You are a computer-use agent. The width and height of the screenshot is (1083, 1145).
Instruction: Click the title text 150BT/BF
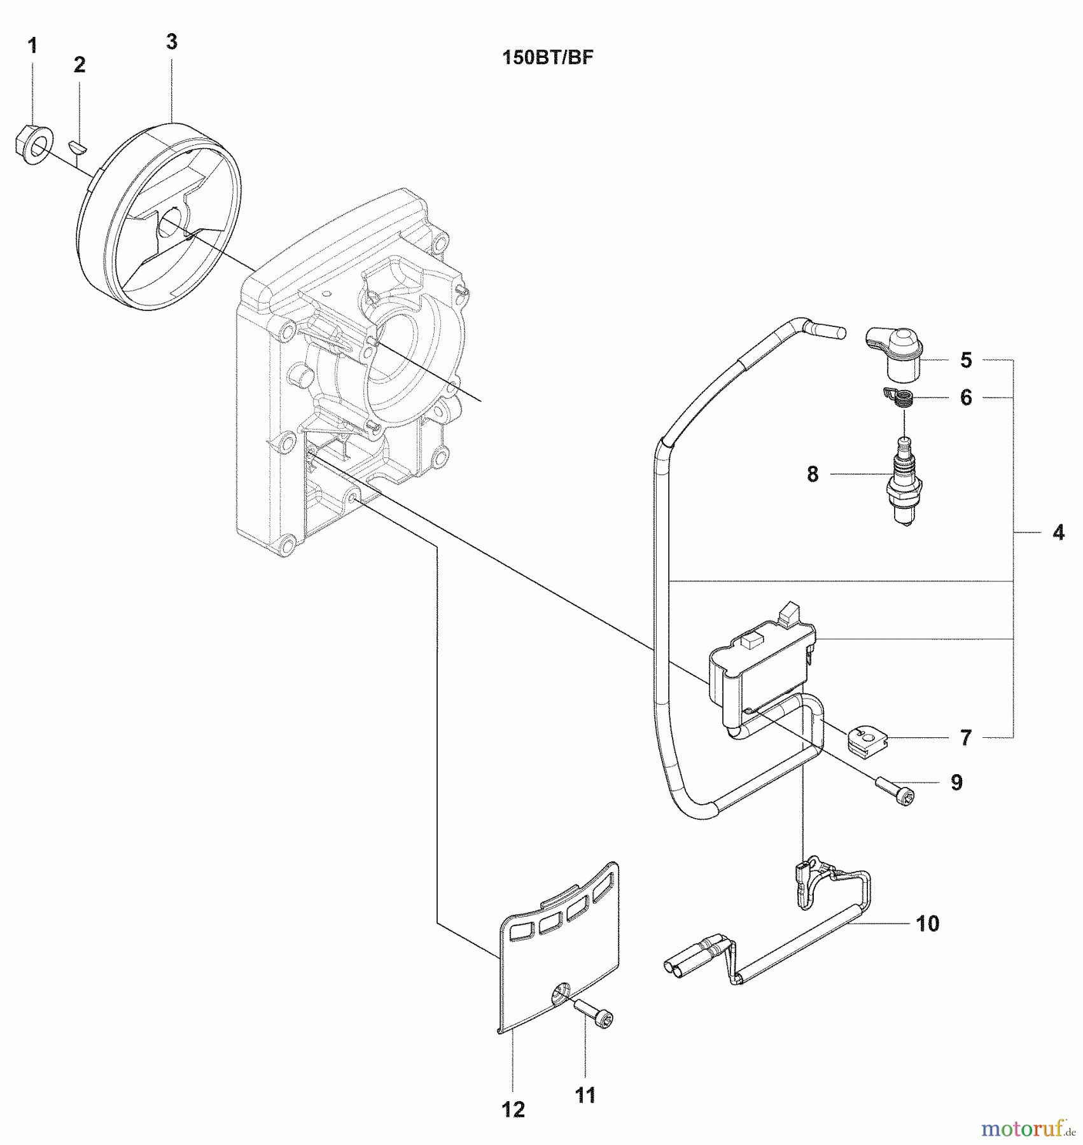tap(548, 58)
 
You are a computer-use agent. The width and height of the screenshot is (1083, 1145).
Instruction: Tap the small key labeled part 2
tap(79, 147)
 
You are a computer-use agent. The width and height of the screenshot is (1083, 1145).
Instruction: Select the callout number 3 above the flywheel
tap(171, 42)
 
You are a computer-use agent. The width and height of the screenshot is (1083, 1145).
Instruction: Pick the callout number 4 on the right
tap(1058, 532)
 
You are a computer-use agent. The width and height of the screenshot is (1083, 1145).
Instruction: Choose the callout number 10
tap(928, 924)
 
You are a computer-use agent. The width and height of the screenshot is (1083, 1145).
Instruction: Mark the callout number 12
tap(513, 1109)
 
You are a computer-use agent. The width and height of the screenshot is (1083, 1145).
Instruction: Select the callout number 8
tap(813, 474)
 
